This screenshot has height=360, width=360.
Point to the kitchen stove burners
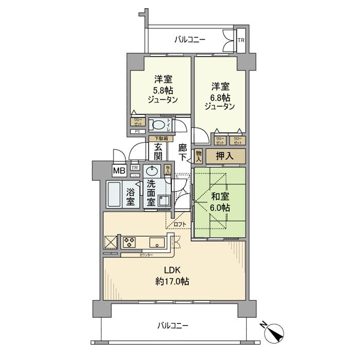tap(129, 241)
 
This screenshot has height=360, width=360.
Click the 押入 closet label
tap(223, 156)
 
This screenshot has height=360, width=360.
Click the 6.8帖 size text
tap(220, 96)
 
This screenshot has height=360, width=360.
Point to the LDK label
tap(172, 271)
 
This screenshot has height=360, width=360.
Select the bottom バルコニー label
tap(173, 326)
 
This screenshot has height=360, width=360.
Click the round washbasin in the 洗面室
tap(152, 171)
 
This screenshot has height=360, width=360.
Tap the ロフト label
tap(179, 224)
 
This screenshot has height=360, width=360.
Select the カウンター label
tap(146, 254)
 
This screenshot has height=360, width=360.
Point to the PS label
tap(137, 132)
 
